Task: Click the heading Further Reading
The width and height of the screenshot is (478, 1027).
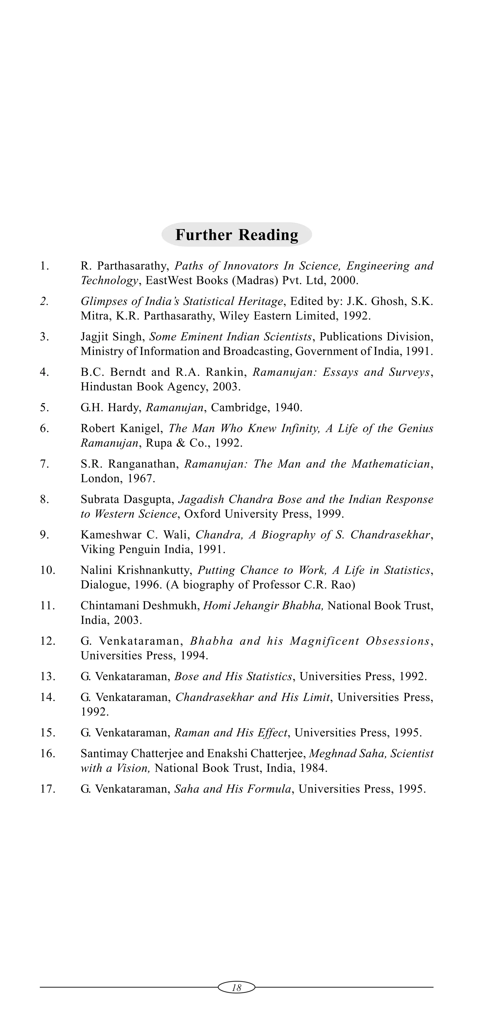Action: pos(237,235)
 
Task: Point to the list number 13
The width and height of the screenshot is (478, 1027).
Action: pos(47,677)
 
